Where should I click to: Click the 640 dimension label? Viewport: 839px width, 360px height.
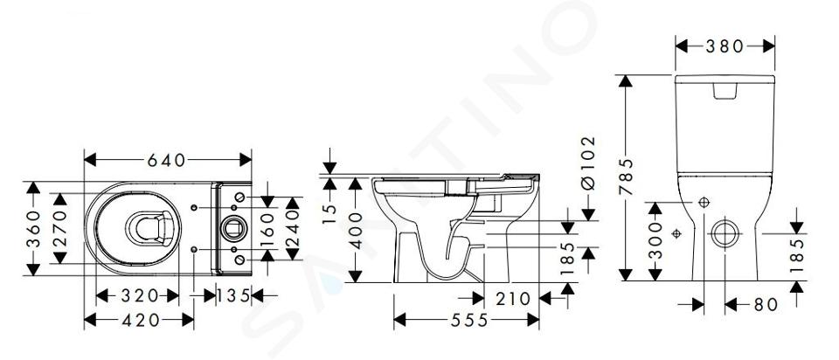[166, 160]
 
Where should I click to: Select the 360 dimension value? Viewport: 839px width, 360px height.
[34, 228]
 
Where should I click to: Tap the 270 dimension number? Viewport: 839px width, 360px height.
[60, 228]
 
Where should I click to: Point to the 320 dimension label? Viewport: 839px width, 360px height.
[139, 295]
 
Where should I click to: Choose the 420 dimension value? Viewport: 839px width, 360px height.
[141, 320]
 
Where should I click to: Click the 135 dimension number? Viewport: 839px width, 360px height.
[234, 295]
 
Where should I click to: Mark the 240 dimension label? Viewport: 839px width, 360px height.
[292, 228]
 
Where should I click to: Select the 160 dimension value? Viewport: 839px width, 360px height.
[267, 228]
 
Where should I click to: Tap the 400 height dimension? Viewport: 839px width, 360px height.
[356, 231]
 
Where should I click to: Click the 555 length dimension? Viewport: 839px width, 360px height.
[469, 320]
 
